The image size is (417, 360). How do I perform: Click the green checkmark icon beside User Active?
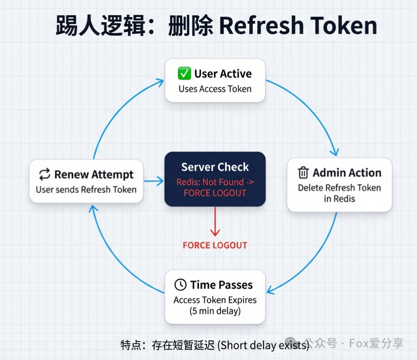184,74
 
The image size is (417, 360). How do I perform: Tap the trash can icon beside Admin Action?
303,173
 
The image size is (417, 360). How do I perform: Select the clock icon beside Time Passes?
180,285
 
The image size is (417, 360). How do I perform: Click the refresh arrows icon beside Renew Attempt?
45,175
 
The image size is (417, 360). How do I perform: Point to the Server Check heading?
215,167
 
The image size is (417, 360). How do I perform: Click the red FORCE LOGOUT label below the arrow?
215,245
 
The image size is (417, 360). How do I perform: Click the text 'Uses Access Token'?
215,89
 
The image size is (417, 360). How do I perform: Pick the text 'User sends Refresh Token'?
86,190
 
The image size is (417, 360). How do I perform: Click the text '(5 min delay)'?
215,311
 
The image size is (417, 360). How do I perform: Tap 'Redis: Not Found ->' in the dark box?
215,182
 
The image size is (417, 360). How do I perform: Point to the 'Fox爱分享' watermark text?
376,343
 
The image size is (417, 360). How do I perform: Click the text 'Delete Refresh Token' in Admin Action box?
339,188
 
